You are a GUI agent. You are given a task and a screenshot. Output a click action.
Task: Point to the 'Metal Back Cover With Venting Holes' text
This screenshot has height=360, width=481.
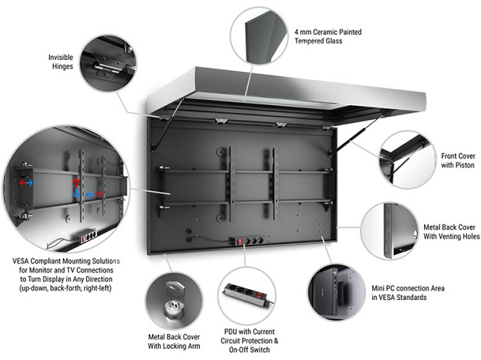coord(450,231)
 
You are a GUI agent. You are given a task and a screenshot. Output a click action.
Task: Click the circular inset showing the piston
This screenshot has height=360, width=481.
coord(406,161)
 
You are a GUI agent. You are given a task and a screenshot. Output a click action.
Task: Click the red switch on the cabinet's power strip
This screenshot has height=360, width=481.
coord(239,241)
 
